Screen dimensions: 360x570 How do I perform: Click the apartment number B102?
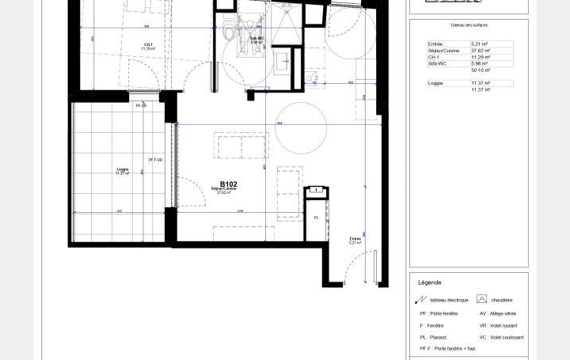click(229, 184)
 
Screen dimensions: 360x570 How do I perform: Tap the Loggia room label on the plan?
click(122, 169)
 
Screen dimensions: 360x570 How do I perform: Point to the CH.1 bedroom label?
click(148, 44)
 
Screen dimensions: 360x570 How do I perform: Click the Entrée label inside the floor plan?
click(355, 238)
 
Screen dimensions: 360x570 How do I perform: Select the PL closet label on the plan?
click(316, 218)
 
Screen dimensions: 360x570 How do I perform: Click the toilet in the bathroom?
click(227, 32)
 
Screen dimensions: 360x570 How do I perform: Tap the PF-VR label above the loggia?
click(141, 104)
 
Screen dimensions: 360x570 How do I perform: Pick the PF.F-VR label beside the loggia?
click(155, 160)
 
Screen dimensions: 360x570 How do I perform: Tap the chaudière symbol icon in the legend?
click(481, 299)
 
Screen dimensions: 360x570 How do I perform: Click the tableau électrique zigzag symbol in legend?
click(421, 300)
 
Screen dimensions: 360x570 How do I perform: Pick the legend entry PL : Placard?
click(437, 337)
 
